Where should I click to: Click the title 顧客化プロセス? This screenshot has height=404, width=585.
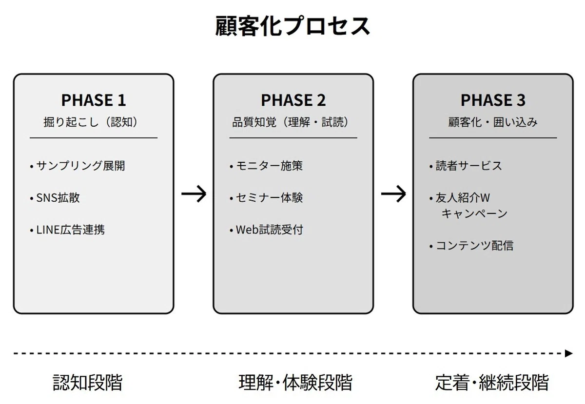(292, 26)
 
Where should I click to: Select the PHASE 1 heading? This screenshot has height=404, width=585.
(94, 100)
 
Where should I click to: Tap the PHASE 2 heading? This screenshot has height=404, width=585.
(293, 100)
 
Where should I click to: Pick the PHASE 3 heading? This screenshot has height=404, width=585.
(493, 100)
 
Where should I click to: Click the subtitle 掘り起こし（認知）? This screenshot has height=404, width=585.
(90, 122)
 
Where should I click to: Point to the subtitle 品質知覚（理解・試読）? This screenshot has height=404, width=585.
(290, 122)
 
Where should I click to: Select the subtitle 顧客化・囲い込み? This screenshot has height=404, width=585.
(493, 122)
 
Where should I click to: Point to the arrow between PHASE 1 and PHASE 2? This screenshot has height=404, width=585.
(194, 194)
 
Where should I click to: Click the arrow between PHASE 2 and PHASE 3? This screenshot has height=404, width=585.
(393, 194)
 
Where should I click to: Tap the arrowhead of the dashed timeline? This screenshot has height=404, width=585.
(568, 354)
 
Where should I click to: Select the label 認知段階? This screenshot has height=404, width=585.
(87, 383)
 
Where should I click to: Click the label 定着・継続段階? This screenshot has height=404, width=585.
(492, 383)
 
